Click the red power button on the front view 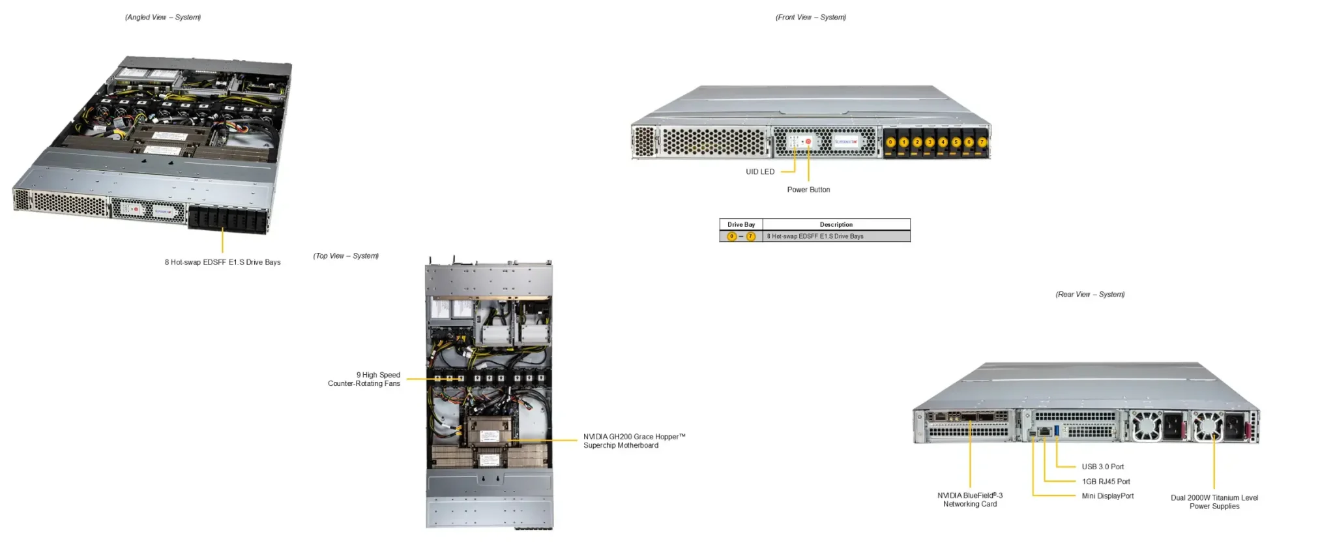pyautogui.click(x=808, y=141)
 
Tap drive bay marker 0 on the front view pyautogui.click(x=890, y=142)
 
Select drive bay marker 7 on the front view pyautogui.click(x=982, y=142)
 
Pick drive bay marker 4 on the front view pyautogui.click(x=943, y=142)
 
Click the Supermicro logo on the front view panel pyautogui.click(x=845, y=141)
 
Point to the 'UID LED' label pyautogui.click(x=760, y=172)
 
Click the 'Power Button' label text pyautogui.click(x=808, y=190)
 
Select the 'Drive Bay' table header pyautogui.click(x=741, y=225)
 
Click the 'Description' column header pyautogui.click(x=836, y=225)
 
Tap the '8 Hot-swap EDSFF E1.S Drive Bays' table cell pyautogui.click(x=815, y=237)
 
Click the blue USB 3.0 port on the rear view pyautogui.click(x=1056, y=430)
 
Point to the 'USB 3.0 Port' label pyautogui.click(x=1102, y=467)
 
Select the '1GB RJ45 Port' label pyautogui.click(x=1106, y=482)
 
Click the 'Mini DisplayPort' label pyautogui.click(x=1108, y=496)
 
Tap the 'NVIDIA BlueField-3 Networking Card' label pyautogui.click(x=970, y=500)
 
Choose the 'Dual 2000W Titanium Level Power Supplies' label pyautogui.click(x=1214, y=502)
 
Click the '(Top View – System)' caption pyautogui.click(x=345, y=256)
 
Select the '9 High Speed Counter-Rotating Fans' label pyautogui.click(x=364, y=379)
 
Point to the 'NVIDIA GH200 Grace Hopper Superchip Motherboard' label pyautogui.click(x=634, y=441)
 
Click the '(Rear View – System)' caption pyautogui.click(x=1090, y=295)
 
